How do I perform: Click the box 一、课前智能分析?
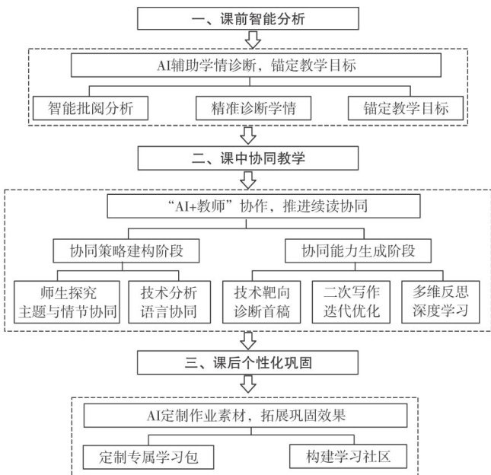click(247, 19)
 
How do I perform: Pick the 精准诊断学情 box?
click(252, 107)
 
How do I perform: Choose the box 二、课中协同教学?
click(247, 158)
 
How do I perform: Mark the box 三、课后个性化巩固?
click(247, 361)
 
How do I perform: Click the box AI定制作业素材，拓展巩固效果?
click(248, 416)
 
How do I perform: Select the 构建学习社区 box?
click(346, 457)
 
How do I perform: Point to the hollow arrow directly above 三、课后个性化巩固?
click(247, 339)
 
